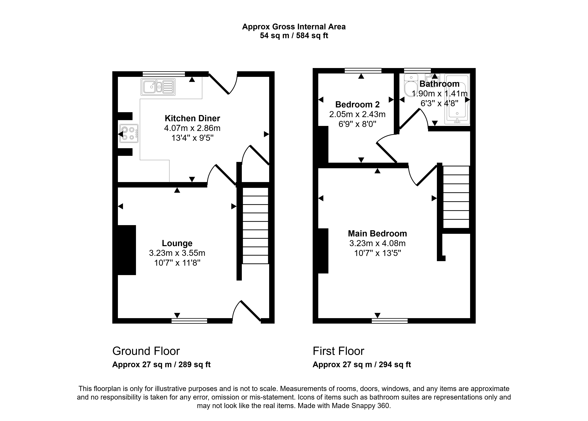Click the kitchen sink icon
[x=158, y=87]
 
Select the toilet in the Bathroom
[x=411, y=85]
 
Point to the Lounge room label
[x=177, y=243]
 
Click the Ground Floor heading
[x=146, y=351]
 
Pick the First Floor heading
[x=338, y=351]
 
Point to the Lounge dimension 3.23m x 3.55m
[x=177, y=253]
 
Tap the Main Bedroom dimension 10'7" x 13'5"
[x=377, y=253]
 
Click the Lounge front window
[x=189, y=321]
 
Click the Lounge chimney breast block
[x=127, y=250]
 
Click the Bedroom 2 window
[x=363, y=71]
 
